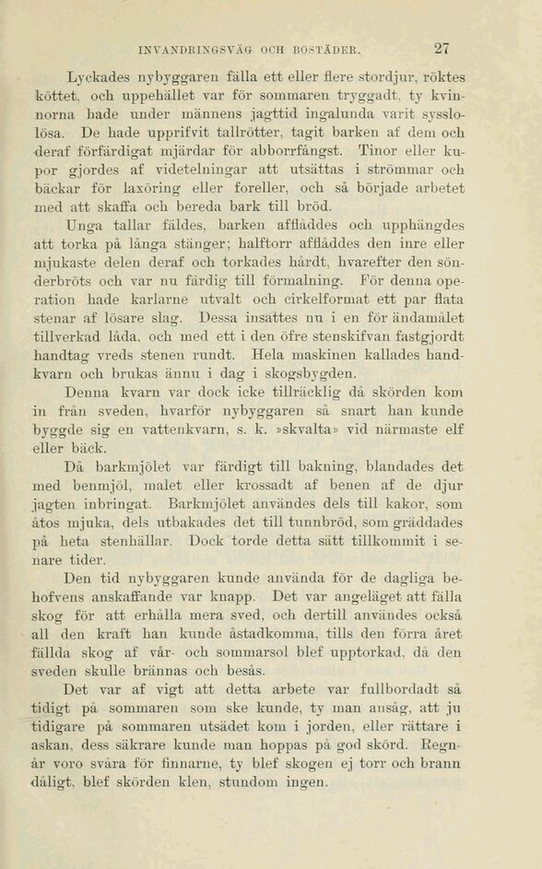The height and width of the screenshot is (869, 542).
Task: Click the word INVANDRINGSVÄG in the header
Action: [197, 52]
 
